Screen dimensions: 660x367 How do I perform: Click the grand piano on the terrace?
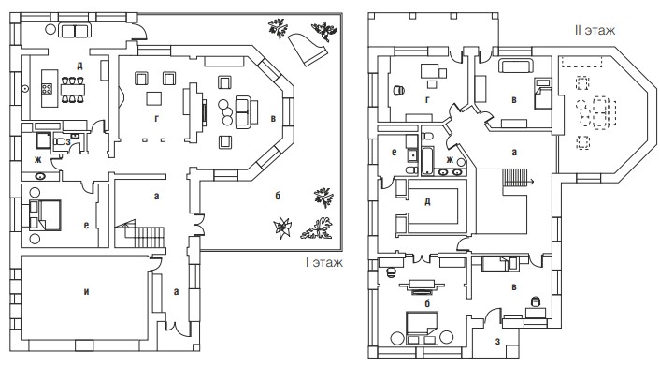(308, 49)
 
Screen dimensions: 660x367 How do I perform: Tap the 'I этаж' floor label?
(324, 262)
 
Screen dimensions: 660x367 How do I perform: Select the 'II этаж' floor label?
(595, 30)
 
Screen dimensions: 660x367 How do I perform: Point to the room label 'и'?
(86, 291)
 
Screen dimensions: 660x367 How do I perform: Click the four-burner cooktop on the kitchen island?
(47, 89)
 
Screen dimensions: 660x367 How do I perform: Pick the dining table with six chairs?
(72, 89)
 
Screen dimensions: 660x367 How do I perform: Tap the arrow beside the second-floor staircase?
(530, 182)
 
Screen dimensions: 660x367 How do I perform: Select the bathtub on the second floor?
(427, 160)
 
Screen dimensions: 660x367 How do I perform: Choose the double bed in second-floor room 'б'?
(423, 328)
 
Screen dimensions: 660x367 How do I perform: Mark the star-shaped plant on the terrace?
(281, 227)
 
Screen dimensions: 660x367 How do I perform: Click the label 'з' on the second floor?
(497, 342)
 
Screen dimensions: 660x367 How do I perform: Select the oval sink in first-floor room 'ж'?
(40, 177)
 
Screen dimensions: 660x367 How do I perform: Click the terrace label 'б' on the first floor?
(278, 196)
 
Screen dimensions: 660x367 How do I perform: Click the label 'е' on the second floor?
(394, 152)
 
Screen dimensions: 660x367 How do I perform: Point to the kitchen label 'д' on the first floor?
(79, 66)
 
